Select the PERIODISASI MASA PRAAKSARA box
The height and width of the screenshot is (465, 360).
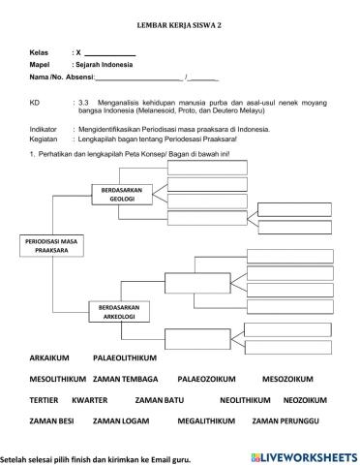click(x=52, y=244)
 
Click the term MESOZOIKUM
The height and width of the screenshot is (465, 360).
click(x=291, y=380)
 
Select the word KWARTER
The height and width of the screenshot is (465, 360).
click(x=89, y=400)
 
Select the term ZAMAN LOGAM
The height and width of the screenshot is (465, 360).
click(x=123, y=421)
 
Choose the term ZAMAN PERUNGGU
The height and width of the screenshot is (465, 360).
click(x=289, y=421)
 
